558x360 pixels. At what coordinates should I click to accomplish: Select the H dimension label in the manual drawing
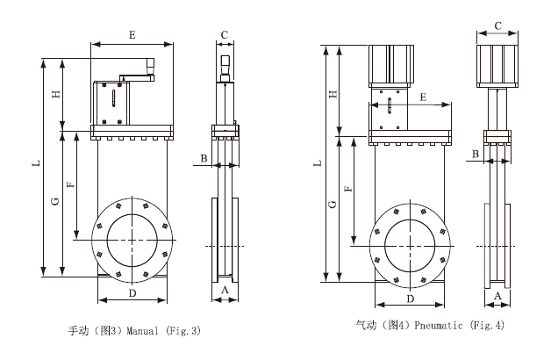click(x=55, y=95)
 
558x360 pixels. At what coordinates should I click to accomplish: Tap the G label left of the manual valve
click(x=55, y=203)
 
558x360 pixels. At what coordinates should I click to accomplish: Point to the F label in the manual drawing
click(x=70, y=184)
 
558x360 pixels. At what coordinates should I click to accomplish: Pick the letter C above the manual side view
click(x=225, y=35)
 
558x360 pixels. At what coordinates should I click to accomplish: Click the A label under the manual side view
click(x=225, y=289)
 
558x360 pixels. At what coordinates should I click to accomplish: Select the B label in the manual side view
click(x=204, y=158)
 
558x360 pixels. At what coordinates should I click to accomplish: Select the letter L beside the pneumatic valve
click(x=318, y=163)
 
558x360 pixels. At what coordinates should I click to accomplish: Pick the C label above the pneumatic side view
click(x=497, y=25)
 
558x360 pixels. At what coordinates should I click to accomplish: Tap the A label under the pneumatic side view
click(x=498, y=296)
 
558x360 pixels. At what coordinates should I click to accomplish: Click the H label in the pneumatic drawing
click(x=333, y=93)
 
